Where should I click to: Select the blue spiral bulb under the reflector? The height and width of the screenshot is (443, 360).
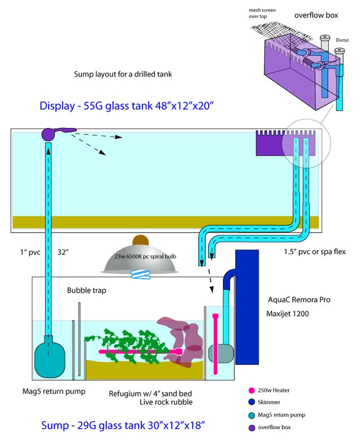click(141, 274)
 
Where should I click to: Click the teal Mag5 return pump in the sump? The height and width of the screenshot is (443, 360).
click(48, 360)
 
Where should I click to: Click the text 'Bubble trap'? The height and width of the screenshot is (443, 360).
click(85, 291)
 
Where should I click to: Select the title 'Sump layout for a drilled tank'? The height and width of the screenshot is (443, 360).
click(123, 74)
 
